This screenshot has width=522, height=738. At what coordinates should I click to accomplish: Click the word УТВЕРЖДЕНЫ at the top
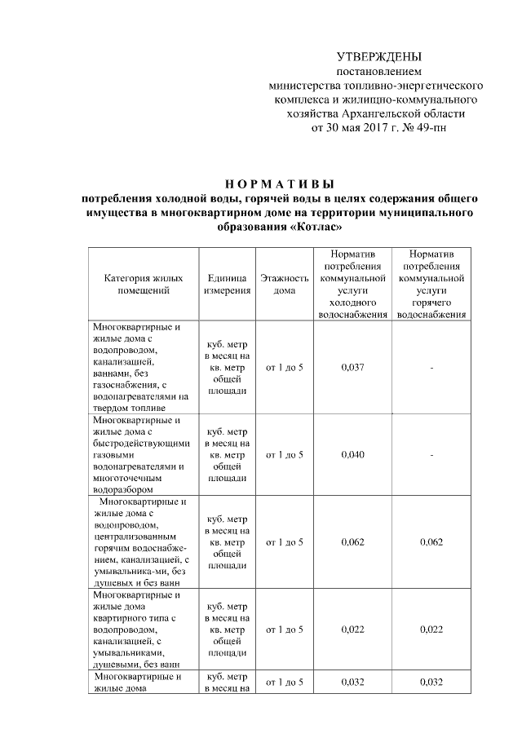pos(379,57)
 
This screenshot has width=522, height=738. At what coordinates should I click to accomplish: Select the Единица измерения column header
pos(227,284)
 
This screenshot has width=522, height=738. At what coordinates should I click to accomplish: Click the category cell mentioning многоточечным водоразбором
pos(141,454)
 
